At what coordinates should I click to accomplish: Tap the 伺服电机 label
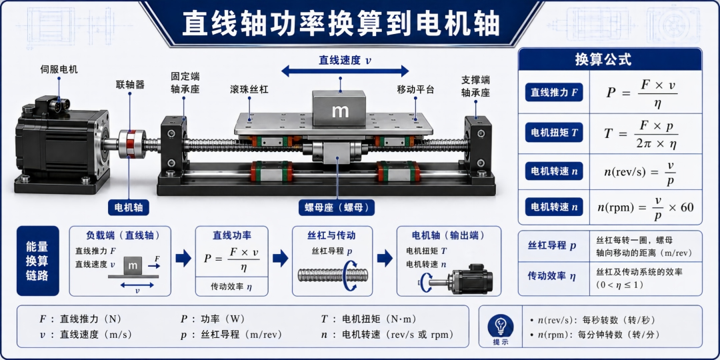(x=59, y=70)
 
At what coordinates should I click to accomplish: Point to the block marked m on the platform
(x=340, y=109)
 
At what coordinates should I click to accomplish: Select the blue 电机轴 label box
(x=129, y=207)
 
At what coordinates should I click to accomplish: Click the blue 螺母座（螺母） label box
(x=337, y=207)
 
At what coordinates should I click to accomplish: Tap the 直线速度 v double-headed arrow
(x=345, y=71)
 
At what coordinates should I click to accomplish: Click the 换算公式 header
(x=610, y=60)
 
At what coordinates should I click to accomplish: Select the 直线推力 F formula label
(x=554, y=93)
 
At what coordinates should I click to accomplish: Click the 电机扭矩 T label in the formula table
(x=554, y=133)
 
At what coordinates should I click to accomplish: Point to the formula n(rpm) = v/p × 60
(x=645, y=207)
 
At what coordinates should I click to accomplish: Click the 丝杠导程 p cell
(x=553, y=245)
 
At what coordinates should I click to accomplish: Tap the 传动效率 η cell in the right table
(x=553, y=277)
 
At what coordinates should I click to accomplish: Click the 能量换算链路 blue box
(x=37, y=261)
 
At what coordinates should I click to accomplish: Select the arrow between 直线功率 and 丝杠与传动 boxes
(x=280, y=259)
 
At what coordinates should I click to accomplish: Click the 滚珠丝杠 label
(x=249, y=89)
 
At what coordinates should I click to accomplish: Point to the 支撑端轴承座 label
(x=475, y=86)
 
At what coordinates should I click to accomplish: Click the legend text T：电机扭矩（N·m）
(x=369, y=319)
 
